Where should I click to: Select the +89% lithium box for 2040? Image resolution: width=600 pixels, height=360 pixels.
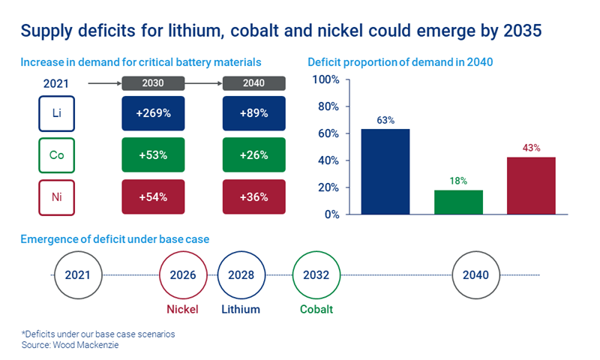tap(254, 113)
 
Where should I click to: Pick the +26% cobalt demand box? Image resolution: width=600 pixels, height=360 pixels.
tap(254, 155)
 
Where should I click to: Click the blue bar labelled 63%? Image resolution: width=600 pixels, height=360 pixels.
tap(385, 172)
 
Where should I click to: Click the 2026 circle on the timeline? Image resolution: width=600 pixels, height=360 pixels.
tap(183, 274)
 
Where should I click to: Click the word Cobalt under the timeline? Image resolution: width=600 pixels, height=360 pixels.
tap(316, 308)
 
